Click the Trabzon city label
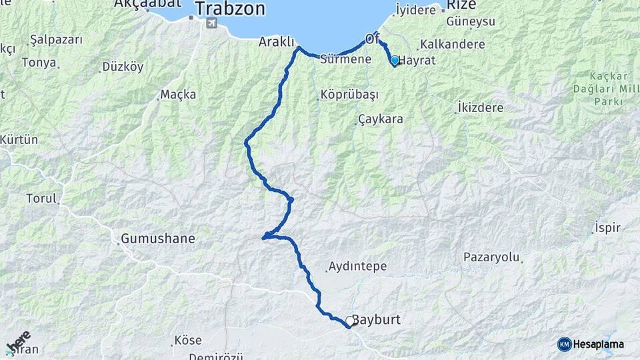pos(230,9)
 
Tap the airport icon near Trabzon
pos(212,24)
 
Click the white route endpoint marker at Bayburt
pos(349,321)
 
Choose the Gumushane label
pos(158,238)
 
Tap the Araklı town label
pos(277,41)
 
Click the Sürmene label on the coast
pos(345,59)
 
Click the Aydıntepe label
pos(357,267)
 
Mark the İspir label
pos(607,228)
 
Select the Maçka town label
pos(178,95)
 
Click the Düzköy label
pos(122,67)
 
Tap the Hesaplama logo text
pos(598,344)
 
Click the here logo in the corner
pos(18,341)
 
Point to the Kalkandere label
pos(451,45)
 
